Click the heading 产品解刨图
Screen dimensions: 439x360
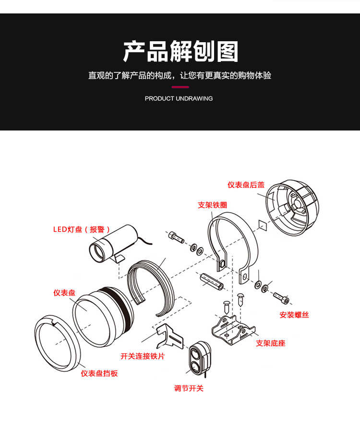(180, 52)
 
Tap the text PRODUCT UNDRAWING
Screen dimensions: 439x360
(179, 98)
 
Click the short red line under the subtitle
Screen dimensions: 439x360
(180, 87)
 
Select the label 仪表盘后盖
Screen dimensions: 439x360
(246, 185)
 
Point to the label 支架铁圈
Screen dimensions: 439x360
(212, 205)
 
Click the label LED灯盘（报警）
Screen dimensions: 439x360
(82, 229)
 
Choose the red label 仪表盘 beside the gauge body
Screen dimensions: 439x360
(64, 292)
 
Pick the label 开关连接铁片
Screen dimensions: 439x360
(143, 356)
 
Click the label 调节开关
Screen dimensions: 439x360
(189, 388)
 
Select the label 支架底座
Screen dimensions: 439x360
(271, 343)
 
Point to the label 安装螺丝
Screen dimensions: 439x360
(294, 315)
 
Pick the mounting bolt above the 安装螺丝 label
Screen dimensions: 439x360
(282, 297)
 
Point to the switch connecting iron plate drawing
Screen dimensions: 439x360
(170, 336)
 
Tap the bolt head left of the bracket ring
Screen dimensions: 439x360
(175, 236)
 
